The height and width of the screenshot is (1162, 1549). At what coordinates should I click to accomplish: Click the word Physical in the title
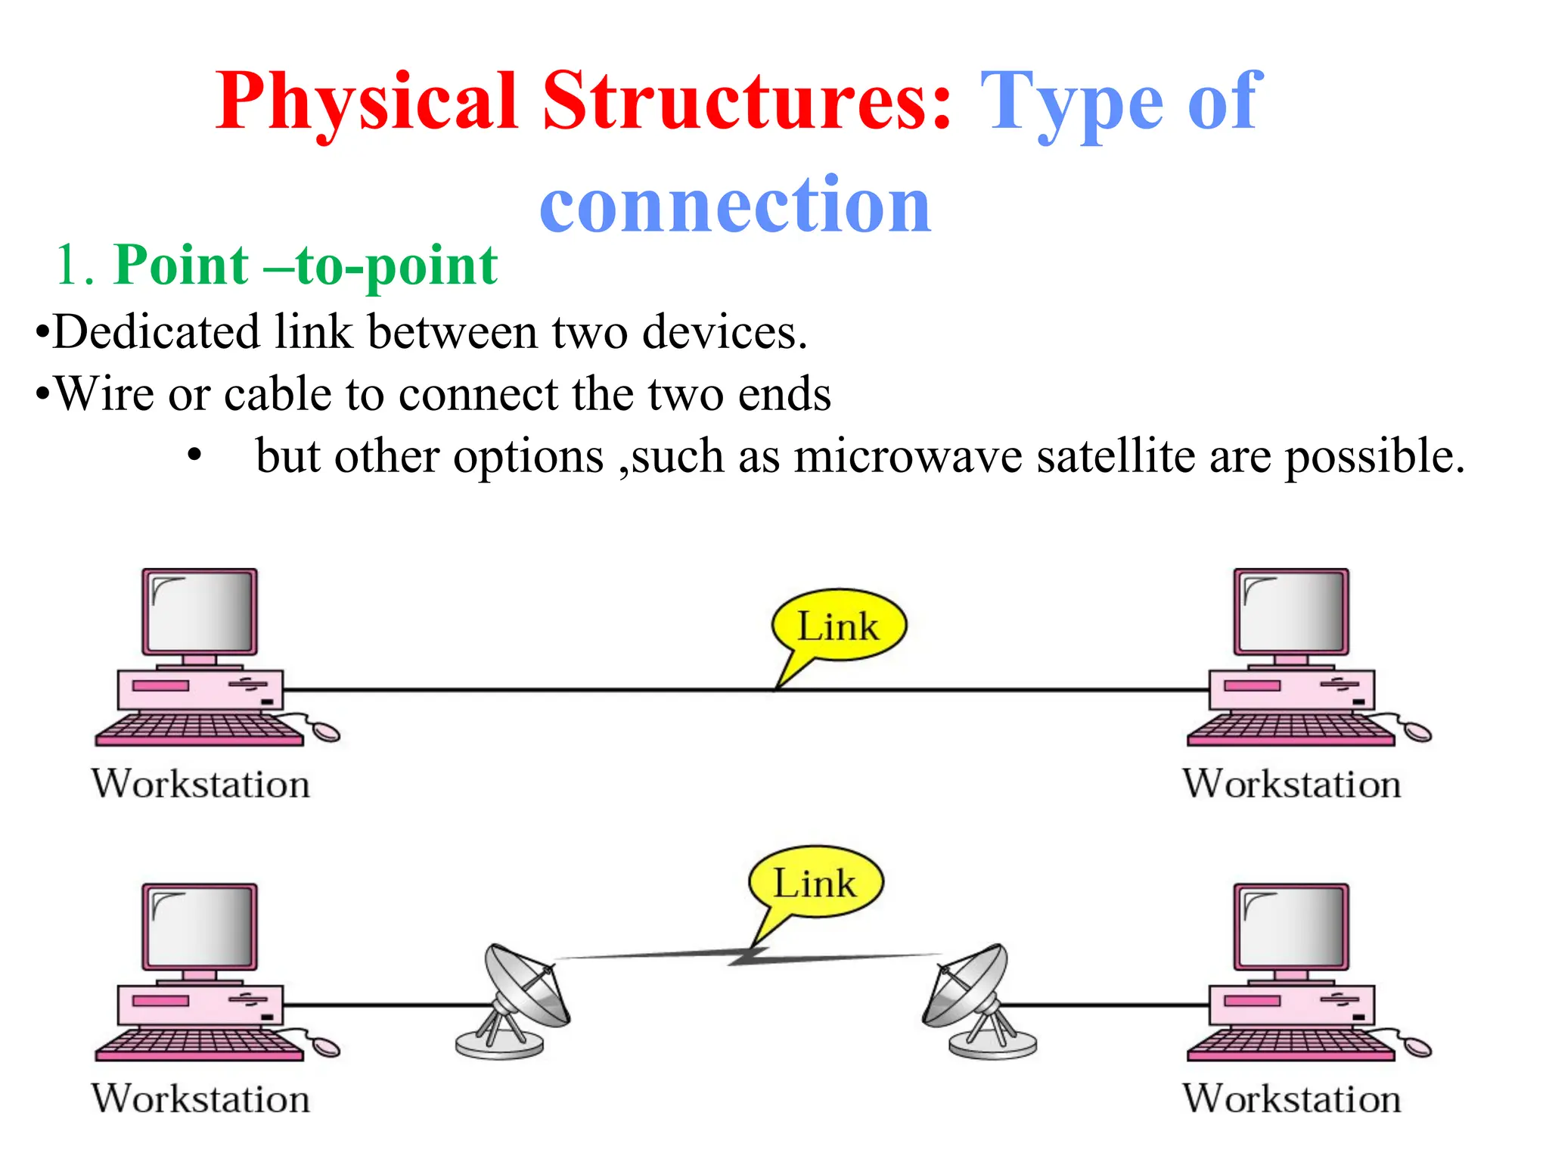pyautogui.click(x=366, y=102)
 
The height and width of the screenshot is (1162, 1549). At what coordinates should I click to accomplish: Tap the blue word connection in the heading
pyautogui.click(x=735, y=204)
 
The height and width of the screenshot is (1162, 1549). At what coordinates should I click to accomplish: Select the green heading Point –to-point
pyautogui.click(x=306, y=266)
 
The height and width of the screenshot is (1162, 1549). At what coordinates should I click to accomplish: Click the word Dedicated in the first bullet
pyautogui.click(x=156, y=332)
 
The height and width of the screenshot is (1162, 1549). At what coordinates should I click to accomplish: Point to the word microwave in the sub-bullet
pyautogui.click(x=908, y=456)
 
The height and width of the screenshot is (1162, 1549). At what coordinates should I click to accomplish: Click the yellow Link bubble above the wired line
pyautogui.click(x=839, y=626)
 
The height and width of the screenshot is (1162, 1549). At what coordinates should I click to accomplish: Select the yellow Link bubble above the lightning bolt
pyautogui.click(x=815, y=883)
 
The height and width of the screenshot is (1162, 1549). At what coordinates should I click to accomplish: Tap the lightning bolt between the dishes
pyautogui.click(x=749, y=956)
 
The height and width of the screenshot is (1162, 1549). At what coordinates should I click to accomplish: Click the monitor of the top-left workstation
pyautogui.click(x=200, y=611)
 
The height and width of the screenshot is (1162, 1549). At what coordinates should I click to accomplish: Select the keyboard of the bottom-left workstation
pyautogui.click(x=198, y=1045)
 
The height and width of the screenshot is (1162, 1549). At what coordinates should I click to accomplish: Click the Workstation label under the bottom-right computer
pyautogui.click(x=1292, y=1098)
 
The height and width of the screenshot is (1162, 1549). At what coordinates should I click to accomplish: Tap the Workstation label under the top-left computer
pyautogui.click(x=201, y=784)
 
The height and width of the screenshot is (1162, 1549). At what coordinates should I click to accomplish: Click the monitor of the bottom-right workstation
pyautogui.click(x=1291, y=926)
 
